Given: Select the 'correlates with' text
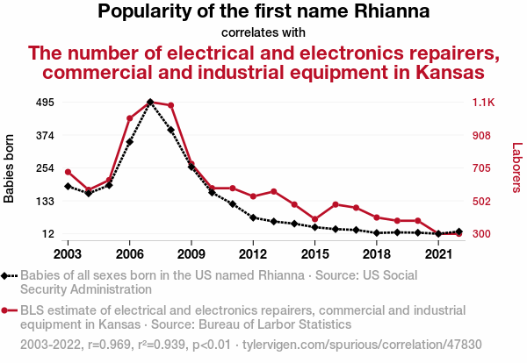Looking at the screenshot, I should [263, 32].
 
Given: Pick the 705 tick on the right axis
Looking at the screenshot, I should [483, 168].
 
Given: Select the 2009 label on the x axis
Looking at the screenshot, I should [191, 253].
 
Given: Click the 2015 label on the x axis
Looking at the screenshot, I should [314, 253].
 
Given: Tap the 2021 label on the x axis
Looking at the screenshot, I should [437, 253].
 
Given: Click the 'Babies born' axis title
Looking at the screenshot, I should [10, 168].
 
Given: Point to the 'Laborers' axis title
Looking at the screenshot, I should [516, 168].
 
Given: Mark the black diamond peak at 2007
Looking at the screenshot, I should [150, 103].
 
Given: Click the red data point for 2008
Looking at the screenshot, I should [170, 106].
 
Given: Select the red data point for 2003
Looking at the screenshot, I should [68, 172].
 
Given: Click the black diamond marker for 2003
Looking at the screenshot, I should [68, 186].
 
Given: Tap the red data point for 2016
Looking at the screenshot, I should [336, 204].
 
